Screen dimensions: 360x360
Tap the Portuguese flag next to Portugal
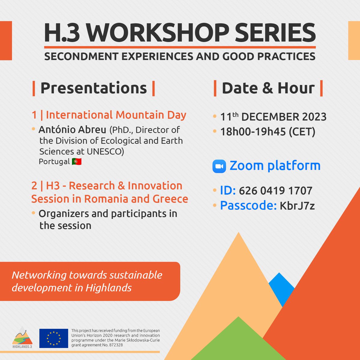pyautogui.click(x=77, y=162)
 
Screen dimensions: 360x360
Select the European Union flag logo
pyautogui.click(x=54, y=338)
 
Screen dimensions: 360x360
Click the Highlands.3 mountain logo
pyautogui.click(x=22, y=337)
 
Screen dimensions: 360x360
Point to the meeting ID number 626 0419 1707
pyautogui.click(x=276, y=190)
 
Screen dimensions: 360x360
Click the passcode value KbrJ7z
pyautogui.click(x=297, y=206)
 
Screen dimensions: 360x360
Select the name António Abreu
pyautogui.click(x=72, y=130)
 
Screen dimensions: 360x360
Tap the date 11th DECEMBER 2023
pyautogui.click(x=273, y=117)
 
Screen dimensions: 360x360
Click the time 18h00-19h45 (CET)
pyautogui.click(x=268, y=132)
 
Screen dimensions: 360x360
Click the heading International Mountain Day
pyautogui.click(x=116, y=115)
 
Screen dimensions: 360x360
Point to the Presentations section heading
pyautogui.click(x=94, y=88)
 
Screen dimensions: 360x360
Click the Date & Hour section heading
pyautogui.click(x=268, y=88)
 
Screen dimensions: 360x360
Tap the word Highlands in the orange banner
pyautogui.click(x=109, y=288)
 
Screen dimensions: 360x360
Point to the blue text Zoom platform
pyautogui.click(x=275, y=166)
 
